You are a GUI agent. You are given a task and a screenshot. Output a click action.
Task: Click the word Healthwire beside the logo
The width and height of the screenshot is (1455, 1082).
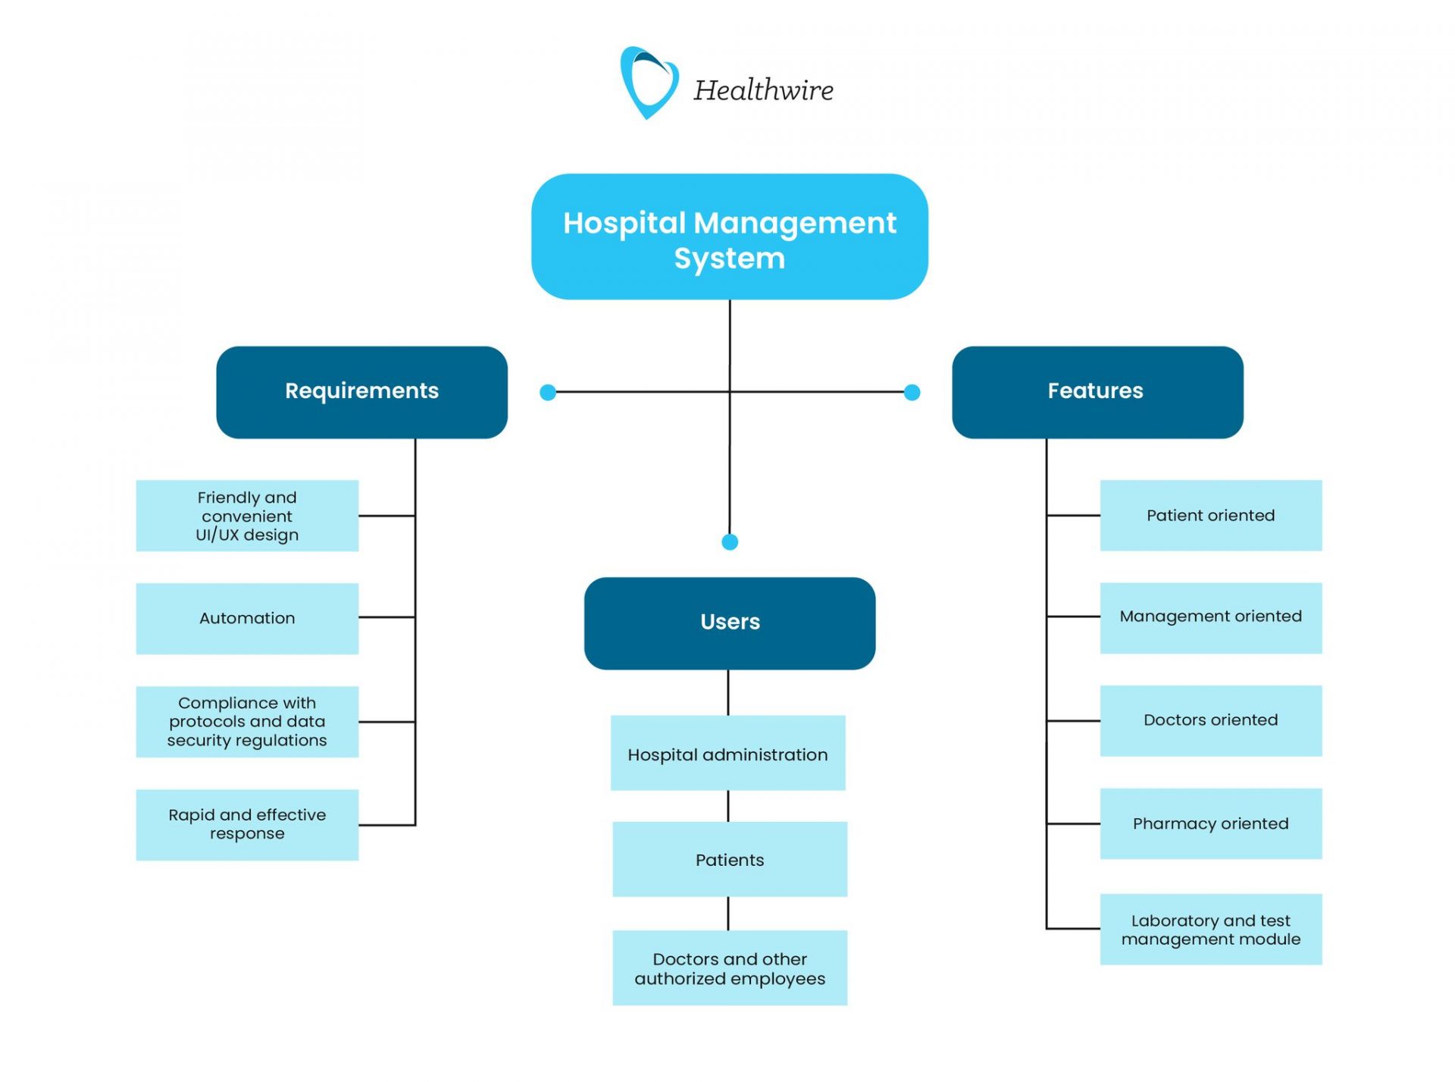[763, 90]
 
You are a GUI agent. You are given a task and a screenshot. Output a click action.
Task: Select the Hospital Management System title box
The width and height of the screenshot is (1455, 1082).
[729, 237]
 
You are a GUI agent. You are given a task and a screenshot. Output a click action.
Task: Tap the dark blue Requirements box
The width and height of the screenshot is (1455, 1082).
[361, 392]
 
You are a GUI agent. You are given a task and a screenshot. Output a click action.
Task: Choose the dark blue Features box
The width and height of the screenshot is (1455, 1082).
[1097, 392]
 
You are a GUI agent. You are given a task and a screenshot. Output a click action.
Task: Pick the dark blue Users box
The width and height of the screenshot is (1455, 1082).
[729, 623]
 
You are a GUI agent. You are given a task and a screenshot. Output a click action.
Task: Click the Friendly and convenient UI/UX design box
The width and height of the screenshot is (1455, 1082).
[247, 516]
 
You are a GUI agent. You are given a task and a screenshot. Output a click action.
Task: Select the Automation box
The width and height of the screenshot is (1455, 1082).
[247, 618]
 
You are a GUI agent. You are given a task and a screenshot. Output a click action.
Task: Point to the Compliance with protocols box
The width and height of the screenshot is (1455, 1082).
[247, 721]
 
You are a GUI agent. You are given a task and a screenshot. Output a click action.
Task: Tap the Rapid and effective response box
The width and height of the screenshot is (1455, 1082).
[247, 824]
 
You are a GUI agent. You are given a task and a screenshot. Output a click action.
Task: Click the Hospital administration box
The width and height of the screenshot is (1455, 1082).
[727, 753]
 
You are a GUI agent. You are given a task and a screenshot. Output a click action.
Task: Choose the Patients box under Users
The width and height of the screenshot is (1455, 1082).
[729, 859]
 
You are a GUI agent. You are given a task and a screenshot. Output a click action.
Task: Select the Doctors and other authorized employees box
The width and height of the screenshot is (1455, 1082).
[729, 968]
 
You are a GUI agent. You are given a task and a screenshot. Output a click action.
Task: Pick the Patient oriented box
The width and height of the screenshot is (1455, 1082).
[1210, 516]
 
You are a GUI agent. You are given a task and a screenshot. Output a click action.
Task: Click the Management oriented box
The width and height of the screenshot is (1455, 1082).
[1210, 617]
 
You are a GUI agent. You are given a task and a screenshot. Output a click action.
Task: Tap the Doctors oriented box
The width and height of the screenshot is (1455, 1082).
[1210, 720]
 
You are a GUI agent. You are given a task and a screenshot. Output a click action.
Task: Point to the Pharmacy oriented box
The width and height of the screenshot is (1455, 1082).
[1210, 823]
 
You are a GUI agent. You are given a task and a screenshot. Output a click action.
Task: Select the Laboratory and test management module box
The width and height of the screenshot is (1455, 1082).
[1210, 929]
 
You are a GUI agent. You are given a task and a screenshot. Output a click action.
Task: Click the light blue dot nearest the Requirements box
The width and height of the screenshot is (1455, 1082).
[548, 392]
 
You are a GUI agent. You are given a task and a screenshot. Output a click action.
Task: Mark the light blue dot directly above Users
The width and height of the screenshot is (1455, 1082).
[730, 541]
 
